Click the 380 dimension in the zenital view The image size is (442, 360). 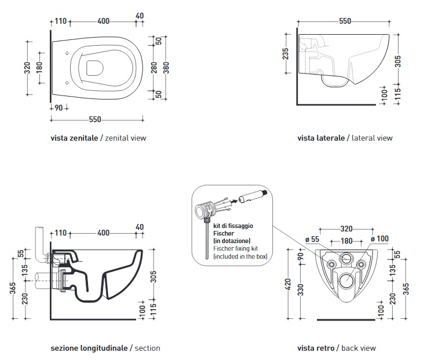pos(166,68)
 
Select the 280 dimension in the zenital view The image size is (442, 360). pos(154,68)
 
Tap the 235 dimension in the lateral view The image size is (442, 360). pos(286,53)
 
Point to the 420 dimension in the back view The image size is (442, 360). pos(288,284)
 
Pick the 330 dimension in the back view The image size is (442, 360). pos(301,290)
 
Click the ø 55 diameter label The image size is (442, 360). pos(312,240)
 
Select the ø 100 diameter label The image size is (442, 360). pos(379,239)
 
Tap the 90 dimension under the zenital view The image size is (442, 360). pos(59,108)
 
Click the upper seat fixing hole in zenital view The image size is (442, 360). pos(67,53)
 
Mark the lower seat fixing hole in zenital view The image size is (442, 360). pos(67,83)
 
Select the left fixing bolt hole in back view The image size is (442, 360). pos(331,265)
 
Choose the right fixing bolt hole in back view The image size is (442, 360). pos(361,265)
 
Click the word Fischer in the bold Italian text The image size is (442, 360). pos(224,233)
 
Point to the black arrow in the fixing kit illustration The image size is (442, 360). pos(233,201)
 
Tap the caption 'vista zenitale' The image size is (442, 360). pos(74,138)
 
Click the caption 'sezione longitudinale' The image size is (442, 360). pos(89,348)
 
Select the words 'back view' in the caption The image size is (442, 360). pos(359,348)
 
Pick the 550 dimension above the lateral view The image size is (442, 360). pos(345,21)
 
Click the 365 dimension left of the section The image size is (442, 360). pos(13,288)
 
